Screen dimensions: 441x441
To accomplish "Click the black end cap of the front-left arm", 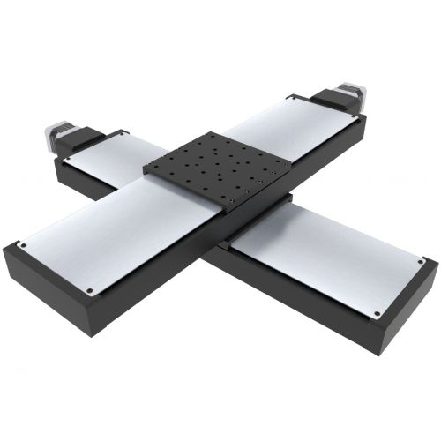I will (x=49, y=291).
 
